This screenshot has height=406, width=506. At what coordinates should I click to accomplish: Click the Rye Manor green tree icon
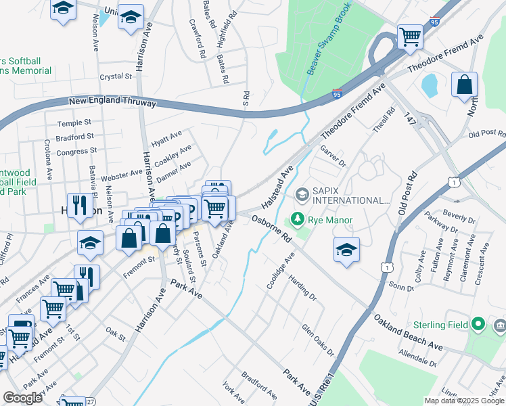point(296,219)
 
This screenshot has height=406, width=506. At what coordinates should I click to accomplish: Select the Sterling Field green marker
point(479,325)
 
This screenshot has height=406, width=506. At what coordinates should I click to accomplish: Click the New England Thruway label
point(112,102)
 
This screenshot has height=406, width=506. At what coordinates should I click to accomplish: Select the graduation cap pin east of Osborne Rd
point(346,249)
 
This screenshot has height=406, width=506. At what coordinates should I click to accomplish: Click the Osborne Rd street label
point(271,229)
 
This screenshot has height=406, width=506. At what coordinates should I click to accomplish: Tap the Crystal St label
point(114,77)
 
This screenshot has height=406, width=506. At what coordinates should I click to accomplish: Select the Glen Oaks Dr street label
point(318,339)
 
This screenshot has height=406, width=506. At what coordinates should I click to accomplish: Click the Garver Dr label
point(332,158)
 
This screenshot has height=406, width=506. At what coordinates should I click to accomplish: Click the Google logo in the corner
point(22,397)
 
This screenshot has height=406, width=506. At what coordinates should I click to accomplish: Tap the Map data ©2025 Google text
point(464,401)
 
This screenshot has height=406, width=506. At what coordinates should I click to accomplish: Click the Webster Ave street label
point(122,176)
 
